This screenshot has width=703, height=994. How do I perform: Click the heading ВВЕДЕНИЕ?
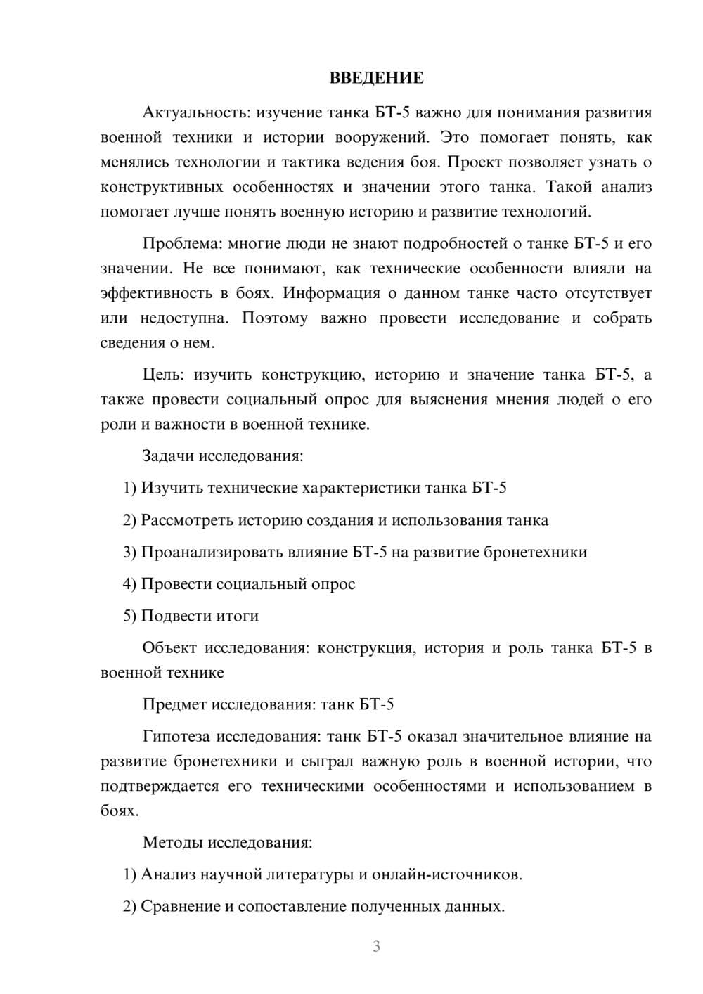[376, 78]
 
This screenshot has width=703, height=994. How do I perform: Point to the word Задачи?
[168, 456]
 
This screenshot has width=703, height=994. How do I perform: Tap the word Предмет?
[174, 704]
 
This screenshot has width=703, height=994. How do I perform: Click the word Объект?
[169, 648]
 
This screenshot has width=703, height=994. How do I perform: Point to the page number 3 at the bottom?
[376, 946]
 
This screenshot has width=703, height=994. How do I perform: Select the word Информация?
[330, 293]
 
